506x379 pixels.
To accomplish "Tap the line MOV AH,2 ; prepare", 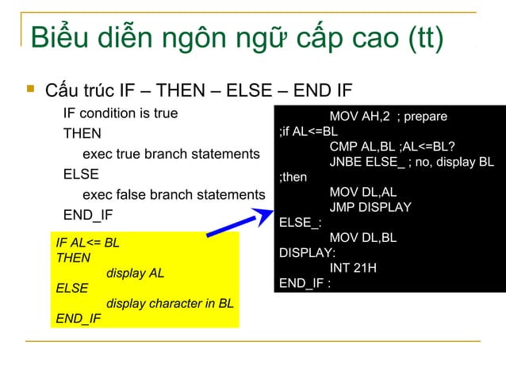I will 388,117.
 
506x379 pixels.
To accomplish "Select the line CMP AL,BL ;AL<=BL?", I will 393,147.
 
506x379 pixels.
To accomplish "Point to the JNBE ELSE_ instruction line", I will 411,162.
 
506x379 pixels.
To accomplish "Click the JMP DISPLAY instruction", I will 370,207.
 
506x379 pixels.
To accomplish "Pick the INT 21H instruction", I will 353,268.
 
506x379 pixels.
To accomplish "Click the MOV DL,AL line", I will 363,192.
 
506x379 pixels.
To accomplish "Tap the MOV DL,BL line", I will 363,237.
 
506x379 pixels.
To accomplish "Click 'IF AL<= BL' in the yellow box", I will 87,243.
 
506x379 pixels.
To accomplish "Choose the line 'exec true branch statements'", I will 171,153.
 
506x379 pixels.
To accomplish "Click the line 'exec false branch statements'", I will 174,194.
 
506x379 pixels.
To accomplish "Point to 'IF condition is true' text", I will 121,113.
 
